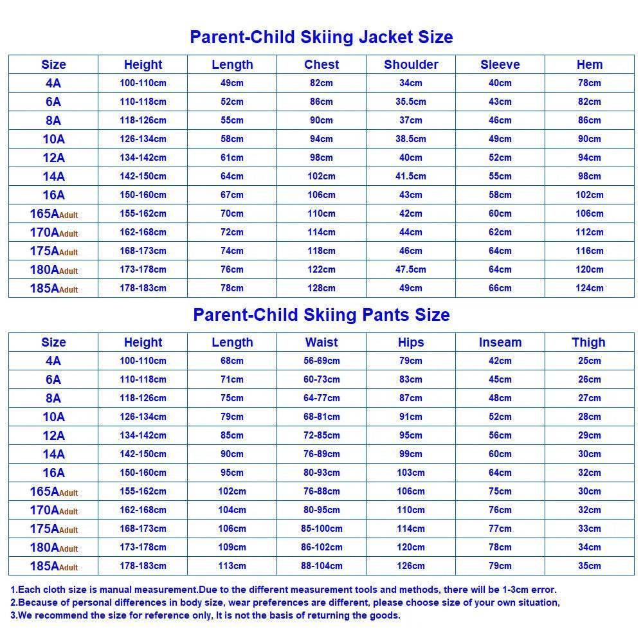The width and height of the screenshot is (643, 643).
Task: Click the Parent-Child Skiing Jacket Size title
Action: pos(321,37)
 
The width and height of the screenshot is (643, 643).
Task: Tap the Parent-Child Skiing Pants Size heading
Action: pos(321,314)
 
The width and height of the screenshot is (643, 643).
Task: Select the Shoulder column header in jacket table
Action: pos(411,64)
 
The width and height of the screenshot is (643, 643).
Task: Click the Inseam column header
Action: pos(500,342)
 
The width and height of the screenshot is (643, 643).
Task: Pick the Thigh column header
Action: pos(589,342)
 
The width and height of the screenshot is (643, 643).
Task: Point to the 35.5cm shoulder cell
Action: pos(411,102)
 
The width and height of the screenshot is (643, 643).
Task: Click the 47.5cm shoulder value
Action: pos(411,269)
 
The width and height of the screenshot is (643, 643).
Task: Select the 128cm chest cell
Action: pos(321,288)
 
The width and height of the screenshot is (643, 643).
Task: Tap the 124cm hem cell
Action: pos(589,288)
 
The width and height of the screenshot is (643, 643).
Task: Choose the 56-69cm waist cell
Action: pos(321,361)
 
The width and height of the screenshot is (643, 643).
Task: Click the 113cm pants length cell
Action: pos(232,566)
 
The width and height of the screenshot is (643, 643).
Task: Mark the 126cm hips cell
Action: pos(411,566)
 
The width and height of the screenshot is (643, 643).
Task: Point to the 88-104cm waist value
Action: pos(321,566)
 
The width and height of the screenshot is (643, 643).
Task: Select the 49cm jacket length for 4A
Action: pos(232,83)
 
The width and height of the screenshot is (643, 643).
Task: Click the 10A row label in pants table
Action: pos(53,417)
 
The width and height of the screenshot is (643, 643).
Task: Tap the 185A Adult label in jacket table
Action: pos(53,288)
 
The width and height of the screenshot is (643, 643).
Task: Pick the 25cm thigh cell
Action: pos(589,361)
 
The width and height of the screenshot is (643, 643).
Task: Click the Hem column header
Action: pos(589,64)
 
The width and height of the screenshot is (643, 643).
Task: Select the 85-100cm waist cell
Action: pos(321,529)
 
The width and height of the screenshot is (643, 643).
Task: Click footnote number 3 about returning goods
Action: pos(206,615)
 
